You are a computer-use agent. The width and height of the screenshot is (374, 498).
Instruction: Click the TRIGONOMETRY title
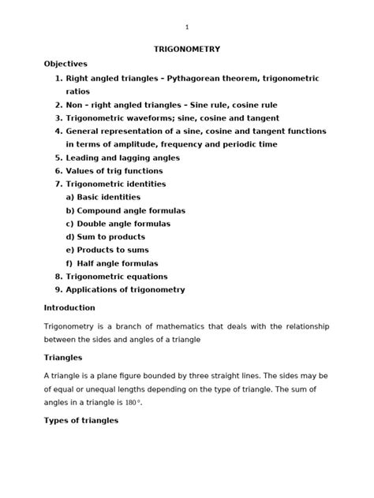click(186, 50)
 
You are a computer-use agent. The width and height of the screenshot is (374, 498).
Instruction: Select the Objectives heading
click(65, 63)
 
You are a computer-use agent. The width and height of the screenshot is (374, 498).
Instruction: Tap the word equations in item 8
click(143, 277)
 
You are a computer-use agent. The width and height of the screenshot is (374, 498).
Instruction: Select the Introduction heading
click(69, 307)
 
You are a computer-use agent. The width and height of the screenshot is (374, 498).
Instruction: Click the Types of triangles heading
click(80, 421)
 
